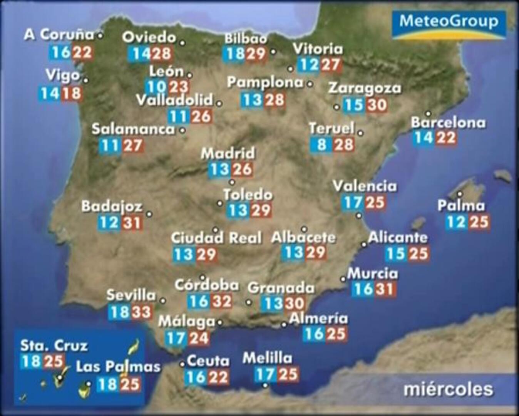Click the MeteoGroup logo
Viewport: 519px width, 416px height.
click(x=449, y=24)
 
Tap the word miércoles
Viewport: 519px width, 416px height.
click(x=448, y=389)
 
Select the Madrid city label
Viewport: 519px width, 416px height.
click(x=228, y=153)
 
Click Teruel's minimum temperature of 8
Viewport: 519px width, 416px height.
click(x=321, y=145)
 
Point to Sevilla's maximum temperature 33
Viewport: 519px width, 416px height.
click(x=141, y=312)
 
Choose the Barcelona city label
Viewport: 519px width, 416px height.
click(x=448, y=122)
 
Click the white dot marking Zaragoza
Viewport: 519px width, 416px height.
click(x=337, y=107)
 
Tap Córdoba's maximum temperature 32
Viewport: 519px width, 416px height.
click(x=222, y=301)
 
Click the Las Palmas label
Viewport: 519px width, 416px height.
click(x=118, y=366)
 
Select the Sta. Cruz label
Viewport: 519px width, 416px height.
click(x=54, y=346)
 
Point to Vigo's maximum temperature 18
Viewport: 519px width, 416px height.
click(x=72, y=93)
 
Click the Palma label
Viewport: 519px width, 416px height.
click(x=461, y=206)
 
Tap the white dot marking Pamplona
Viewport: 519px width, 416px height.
click(x=310, y=84)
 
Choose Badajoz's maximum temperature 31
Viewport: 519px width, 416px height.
click(x=132, y=223)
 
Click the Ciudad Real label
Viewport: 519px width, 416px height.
click(x=216, y=238)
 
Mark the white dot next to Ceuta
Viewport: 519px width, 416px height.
click(x=182, y=364)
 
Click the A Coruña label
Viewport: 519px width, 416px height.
click(x=59, y=35)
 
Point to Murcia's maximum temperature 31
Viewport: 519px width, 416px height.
click(x=385, y=289)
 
